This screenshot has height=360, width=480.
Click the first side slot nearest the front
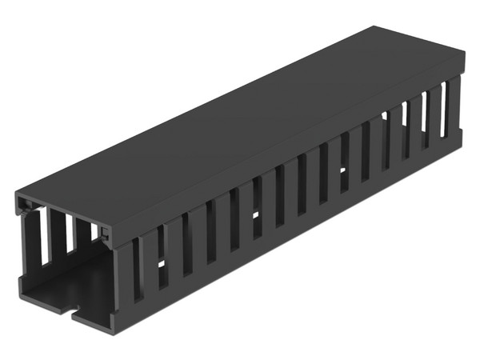point(138,268)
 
